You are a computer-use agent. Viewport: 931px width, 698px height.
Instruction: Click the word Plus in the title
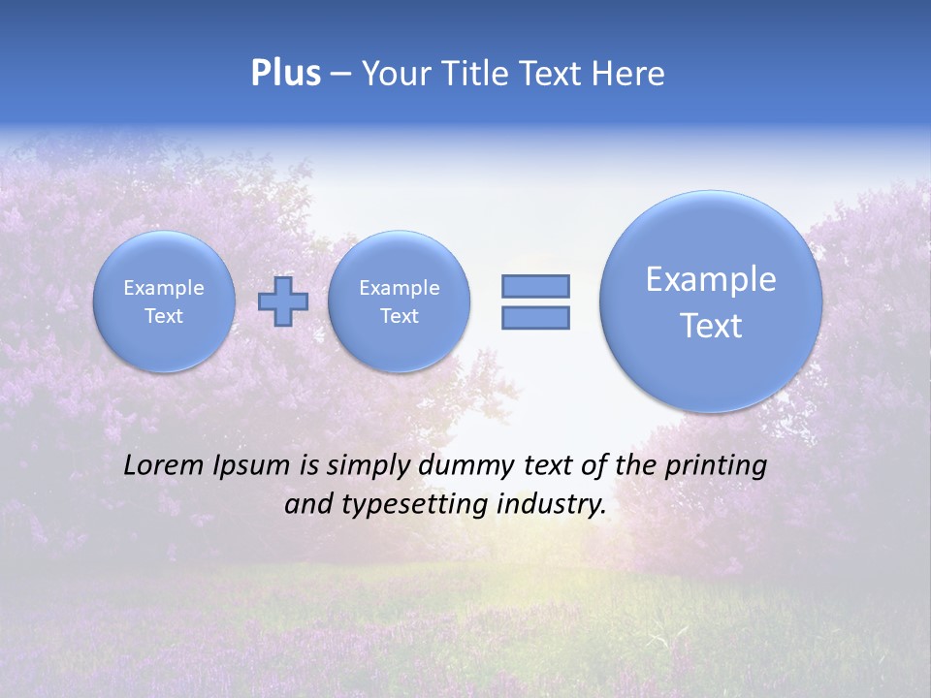point(285,74)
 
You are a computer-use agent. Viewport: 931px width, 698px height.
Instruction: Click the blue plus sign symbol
point(283,301)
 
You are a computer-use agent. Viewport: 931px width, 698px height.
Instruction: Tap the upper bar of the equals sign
point(535,286)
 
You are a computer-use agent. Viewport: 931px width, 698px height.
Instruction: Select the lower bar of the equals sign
point(535,317)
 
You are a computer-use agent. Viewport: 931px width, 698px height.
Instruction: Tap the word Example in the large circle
point(711,279)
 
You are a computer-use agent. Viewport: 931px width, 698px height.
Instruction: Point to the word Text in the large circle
point(711,326)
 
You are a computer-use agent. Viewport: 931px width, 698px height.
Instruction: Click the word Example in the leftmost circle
point(164,288)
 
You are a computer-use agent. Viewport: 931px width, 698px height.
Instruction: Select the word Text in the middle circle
point(399,316)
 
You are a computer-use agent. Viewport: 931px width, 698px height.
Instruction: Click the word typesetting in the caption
point(409,504)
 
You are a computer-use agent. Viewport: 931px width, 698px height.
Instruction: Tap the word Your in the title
point(392,74)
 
